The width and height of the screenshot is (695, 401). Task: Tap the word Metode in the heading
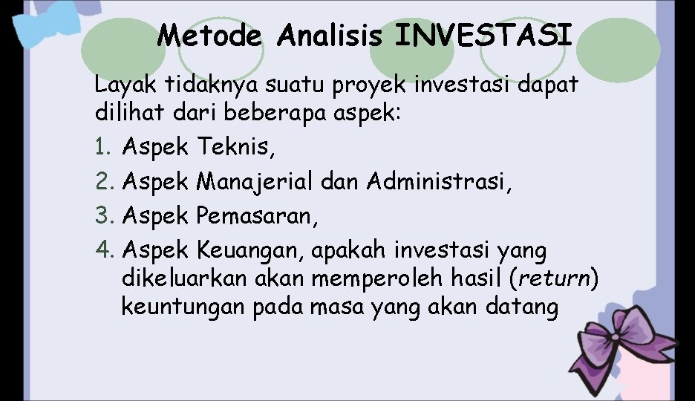(x=210, y=35)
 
